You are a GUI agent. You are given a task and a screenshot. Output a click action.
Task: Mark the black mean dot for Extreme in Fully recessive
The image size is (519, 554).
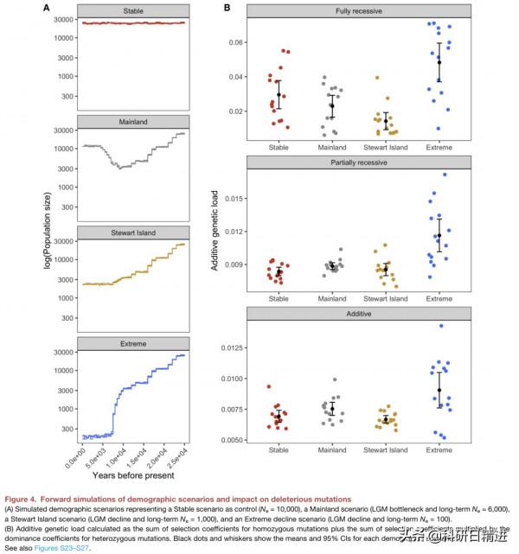point(439,62)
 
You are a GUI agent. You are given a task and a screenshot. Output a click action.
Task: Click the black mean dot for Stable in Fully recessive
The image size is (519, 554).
point(279,95)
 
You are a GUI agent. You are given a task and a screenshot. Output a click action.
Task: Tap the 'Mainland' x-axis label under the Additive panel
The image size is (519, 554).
point(332,449)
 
